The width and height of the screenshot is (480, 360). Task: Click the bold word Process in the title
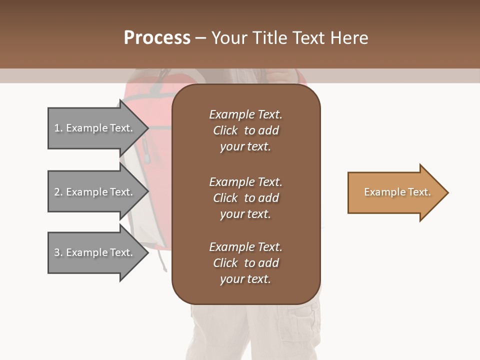(x=157, y=38)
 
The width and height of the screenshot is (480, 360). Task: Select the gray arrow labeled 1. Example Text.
(x=95, y=128)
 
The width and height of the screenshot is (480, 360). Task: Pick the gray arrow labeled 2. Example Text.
(x=95, y=192)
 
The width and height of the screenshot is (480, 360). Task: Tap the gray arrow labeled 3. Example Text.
(x=95, y=252)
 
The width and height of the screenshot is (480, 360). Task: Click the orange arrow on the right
(x=395, y=192)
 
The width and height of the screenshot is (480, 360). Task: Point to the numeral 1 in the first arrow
(x=57, y=128)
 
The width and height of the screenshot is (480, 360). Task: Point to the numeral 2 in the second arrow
(x=57, y=192)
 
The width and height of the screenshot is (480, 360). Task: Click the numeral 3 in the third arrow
(x=57, y=252)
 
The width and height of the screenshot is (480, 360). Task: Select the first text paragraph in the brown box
(x=245, y=130)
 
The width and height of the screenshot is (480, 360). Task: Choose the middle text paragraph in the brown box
(x=245, y=198)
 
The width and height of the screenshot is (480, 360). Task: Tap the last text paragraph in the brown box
(x=245, y=263)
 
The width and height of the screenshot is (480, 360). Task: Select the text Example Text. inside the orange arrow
(x=397, y=192)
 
